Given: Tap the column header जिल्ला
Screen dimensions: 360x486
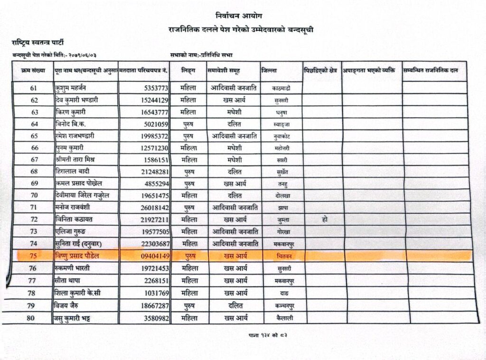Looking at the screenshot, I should (269, 71).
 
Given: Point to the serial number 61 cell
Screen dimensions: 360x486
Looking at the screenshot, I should (33, 88).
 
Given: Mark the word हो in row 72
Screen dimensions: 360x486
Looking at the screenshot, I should (324, 219).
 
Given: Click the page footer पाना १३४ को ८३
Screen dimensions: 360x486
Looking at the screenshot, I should (268, 336).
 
